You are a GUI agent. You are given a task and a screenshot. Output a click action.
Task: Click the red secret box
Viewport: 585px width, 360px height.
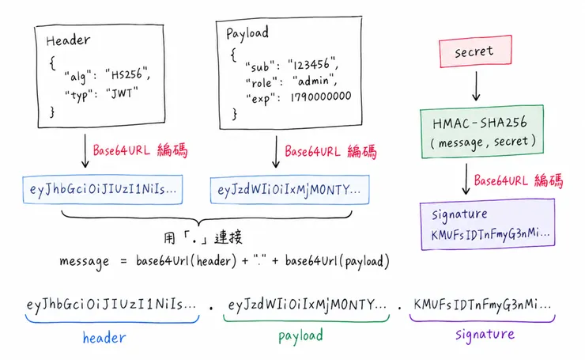pos(475,51)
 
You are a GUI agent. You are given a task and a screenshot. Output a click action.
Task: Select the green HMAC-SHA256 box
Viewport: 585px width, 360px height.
pos(482,131)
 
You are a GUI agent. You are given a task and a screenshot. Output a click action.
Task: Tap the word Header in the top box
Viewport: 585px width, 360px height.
pos(68,40)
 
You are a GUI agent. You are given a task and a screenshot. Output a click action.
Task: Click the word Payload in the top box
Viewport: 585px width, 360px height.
pos(247,33)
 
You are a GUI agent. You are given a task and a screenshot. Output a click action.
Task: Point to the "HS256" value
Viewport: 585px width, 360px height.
pos(127,74)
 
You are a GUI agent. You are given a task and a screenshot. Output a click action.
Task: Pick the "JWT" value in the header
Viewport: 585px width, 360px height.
pos(122,93)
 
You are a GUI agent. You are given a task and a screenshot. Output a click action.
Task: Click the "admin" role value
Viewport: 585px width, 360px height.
pos(315,81)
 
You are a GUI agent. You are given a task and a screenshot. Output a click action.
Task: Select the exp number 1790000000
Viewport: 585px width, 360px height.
pos(320,97)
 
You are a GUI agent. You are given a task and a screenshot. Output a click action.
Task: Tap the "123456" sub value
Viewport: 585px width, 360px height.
pos(313,64)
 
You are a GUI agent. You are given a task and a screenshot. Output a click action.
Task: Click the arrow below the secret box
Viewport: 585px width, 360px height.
pos(476,86)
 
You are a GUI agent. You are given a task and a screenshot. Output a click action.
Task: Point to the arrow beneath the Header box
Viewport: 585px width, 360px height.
pos(85,151)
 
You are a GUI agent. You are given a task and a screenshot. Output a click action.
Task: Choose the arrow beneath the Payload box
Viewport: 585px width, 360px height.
pos(276,152)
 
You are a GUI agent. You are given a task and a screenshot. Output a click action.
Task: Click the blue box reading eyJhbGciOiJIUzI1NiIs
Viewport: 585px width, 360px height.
pos(103,189)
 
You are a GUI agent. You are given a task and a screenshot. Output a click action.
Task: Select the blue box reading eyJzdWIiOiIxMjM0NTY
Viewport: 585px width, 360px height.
pos(289,190)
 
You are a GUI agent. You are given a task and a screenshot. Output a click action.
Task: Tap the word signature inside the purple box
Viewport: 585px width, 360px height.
pos(459,214)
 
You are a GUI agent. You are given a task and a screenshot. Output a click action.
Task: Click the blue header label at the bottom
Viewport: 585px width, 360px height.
pos(104,338)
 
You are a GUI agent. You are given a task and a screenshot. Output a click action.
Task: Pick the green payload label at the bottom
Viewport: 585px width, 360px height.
pos(300,336)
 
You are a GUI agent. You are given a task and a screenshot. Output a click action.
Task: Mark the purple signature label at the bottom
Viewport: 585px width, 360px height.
pos(485,334)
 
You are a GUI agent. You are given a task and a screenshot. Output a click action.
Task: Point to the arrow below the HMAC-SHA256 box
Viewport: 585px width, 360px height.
pos(466,179)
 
